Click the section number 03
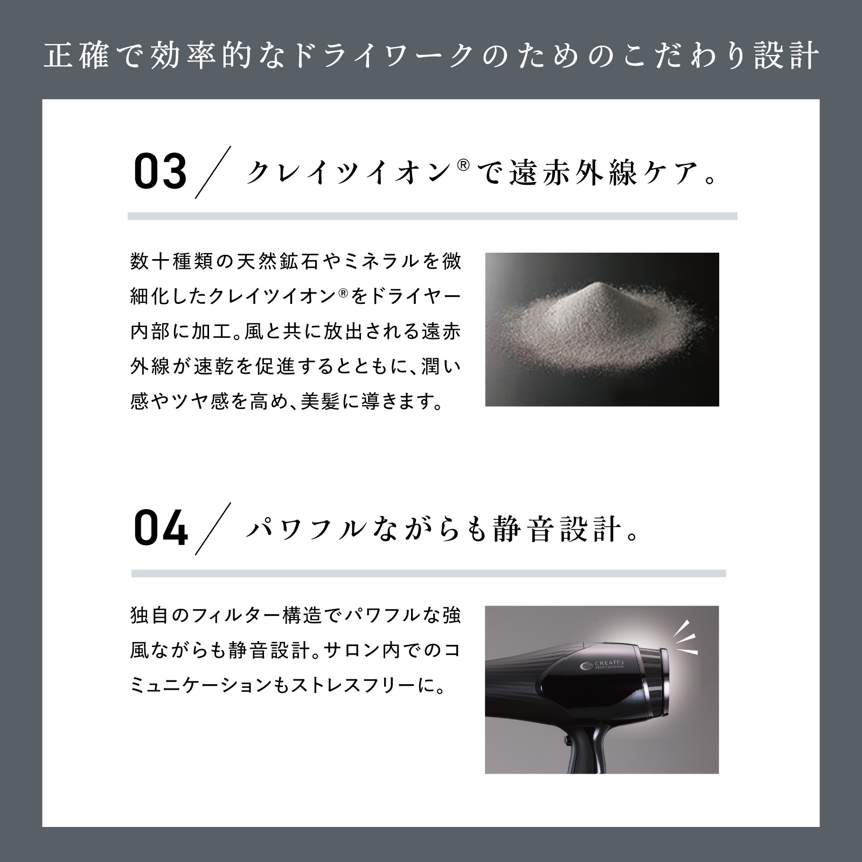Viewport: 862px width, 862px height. (160, 172)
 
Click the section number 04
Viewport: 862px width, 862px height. (161, 529)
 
